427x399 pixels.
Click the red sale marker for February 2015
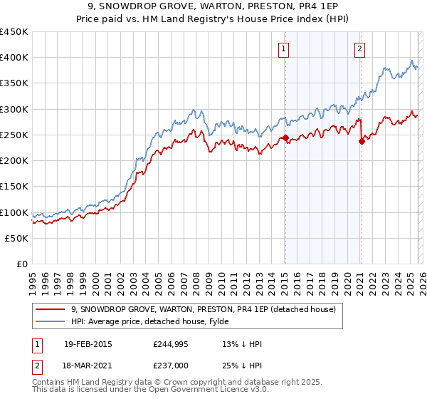point(285,138)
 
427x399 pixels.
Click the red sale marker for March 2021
point(362,141)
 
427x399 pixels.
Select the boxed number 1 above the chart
point(284,49)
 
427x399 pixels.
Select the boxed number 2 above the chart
point(360,49)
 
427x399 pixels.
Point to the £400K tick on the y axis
point(14,58)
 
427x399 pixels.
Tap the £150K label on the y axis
point(14,187)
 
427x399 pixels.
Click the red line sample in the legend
point(51,309)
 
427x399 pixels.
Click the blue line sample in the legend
point(51,322)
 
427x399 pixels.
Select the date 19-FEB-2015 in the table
point(88,344)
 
